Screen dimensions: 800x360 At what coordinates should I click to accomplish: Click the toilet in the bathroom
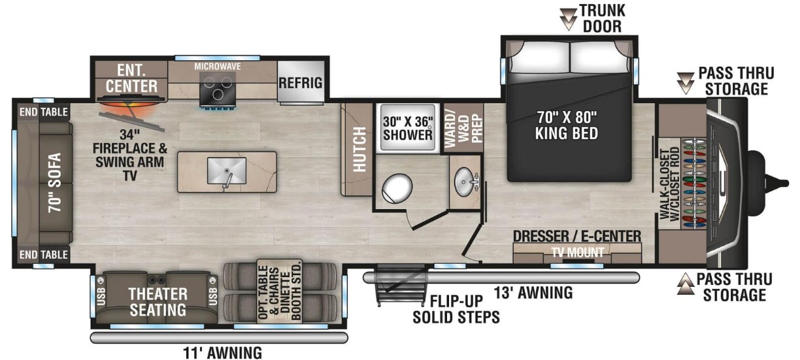tap(397, 188)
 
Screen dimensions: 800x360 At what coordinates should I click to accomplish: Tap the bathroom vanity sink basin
tap(465, 182)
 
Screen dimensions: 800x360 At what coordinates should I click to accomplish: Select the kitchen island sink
tap(227, 171)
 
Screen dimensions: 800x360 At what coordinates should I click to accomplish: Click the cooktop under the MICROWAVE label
tap(218, 90)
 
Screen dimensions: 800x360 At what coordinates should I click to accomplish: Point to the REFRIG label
tap(301, 83)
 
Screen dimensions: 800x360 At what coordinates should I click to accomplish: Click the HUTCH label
tap(359, 149)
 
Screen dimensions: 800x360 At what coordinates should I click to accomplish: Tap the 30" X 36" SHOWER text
tap(408, 128)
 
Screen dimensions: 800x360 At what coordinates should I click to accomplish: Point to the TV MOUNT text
tap(578, 253)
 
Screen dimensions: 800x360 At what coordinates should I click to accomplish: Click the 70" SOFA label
tap(56, 183)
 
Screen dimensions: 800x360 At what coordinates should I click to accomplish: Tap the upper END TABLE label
tap(44, 112)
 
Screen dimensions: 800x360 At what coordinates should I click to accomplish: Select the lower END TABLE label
tap(44, 255)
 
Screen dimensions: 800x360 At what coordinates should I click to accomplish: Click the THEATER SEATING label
tap(158, 302)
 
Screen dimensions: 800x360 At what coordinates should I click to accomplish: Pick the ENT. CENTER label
tap(131, 78)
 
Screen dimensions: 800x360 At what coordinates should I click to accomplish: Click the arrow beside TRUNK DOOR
tap(568, 18)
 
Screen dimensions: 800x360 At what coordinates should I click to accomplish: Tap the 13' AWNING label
tap(533, 293)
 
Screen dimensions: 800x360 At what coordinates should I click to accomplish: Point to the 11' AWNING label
tap(222, 353)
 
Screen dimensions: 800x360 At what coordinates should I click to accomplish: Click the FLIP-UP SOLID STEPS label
tap(456, 309)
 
